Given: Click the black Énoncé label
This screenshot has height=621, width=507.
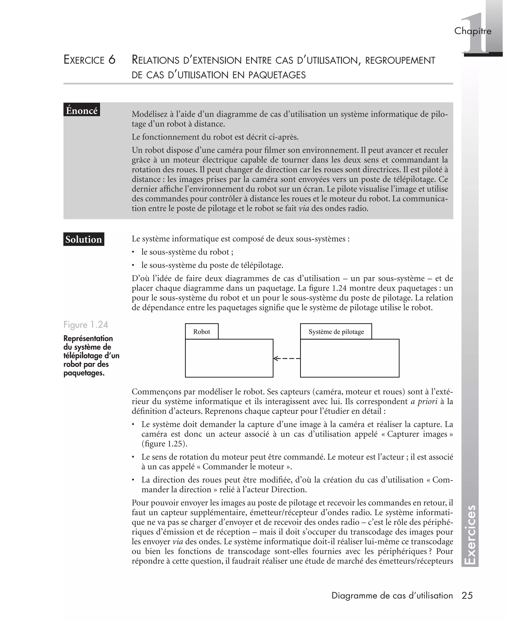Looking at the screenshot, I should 81,110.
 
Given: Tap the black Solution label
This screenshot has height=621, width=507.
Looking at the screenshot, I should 83,239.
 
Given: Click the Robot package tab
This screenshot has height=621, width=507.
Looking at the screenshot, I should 202,332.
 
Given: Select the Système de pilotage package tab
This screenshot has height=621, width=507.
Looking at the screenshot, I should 336,332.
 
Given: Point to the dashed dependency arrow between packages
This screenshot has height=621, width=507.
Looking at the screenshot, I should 286,358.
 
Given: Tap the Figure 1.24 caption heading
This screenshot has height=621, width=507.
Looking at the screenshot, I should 86,325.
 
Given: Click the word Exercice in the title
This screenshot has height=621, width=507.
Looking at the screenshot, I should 84,60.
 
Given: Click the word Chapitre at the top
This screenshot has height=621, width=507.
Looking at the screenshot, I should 473,31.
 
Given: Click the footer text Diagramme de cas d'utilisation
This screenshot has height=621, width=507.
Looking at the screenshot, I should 392,595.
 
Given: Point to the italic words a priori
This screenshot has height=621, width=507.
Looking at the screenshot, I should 424,401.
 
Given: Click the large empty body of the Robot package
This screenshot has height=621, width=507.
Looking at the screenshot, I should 229,358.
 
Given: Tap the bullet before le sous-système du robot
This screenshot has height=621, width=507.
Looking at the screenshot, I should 133,252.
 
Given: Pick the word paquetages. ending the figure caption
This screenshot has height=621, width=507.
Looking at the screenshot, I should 84,373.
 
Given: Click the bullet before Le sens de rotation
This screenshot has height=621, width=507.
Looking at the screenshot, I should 133,457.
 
